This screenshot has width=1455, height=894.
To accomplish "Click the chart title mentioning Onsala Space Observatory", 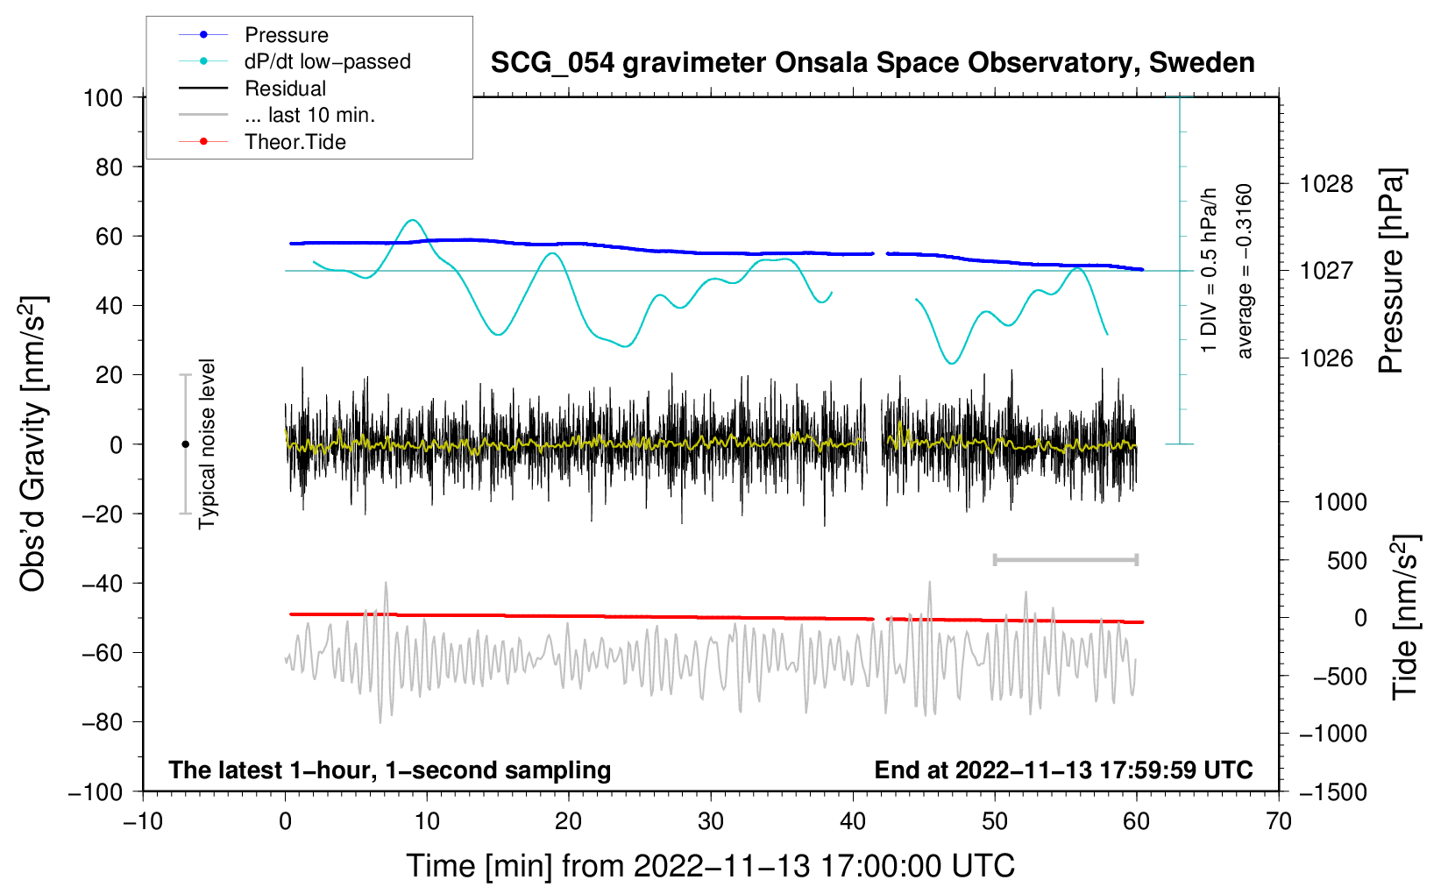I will [x=872, y=63].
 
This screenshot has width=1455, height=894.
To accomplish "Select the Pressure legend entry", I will [x=286, y=35].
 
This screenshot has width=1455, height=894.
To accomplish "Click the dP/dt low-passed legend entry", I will [x=327, y=61].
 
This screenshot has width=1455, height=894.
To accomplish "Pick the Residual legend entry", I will [x=285, y=89].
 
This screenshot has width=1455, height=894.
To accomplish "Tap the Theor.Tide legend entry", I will [x=295, y=142].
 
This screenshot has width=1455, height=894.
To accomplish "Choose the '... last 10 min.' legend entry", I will [x=309, y=115].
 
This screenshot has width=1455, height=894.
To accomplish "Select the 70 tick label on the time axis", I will [x=1279, y=821].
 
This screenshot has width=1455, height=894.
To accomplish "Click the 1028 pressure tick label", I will [x=1326, y=184].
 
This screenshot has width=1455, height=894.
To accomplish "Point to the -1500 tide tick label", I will [x=1332, y=792].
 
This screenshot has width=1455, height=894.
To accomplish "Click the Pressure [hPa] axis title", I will [x=1391, y=272].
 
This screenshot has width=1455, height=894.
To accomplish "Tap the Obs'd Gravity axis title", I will [x=33, y=444].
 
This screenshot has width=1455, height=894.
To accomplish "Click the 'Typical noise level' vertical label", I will [x=207, y=444].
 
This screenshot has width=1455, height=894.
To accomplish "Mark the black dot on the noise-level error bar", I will [x=185, y=444].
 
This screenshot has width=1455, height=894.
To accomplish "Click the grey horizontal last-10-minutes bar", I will [x=1065, y=559].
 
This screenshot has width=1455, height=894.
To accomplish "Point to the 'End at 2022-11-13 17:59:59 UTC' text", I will [x=1063, y=770].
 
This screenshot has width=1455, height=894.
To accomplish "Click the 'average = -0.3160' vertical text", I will [x=1245, y=272].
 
